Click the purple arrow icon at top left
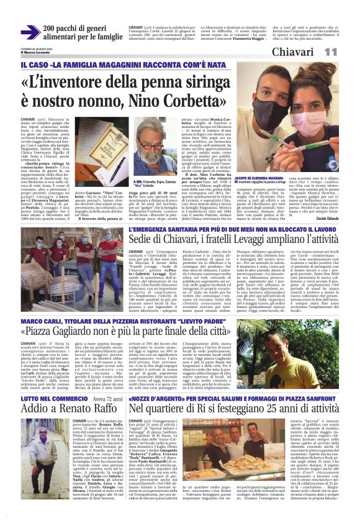click(x=29, y=33)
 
